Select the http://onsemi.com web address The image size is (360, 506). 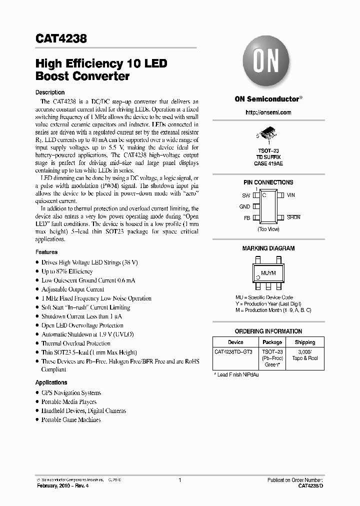point(268,113)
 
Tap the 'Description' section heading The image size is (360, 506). point(50,92)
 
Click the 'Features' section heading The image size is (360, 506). point(46,252)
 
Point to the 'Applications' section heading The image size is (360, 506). point(51,382)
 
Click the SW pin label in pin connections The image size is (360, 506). point(245,195)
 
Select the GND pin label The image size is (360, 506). point(244,206)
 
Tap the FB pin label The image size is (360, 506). point(246,218)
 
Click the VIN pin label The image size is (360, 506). point(291,195)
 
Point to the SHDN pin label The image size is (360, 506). point(293,218)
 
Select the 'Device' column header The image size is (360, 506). point(235,342)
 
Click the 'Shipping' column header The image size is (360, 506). point(304,342)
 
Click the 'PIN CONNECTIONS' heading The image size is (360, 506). point(268,182)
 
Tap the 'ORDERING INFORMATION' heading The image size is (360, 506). point(268,331)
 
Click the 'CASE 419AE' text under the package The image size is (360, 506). point(268,163)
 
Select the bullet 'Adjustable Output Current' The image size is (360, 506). point(73,289)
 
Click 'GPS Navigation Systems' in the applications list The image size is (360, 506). point(71,393)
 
